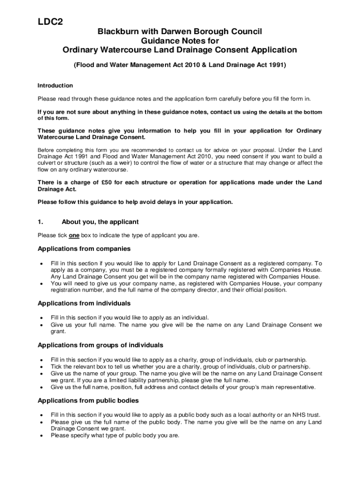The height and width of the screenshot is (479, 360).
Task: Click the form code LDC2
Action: (50, 22)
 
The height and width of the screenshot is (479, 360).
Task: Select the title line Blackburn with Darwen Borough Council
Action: (180, 31)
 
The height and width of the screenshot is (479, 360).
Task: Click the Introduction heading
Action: (55, 86)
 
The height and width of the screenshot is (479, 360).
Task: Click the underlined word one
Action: (74, 235)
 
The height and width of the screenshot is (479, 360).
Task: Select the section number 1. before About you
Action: (41, 222)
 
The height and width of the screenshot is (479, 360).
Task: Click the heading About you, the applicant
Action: (100, 222)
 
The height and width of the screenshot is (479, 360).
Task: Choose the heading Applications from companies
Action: (84, 249)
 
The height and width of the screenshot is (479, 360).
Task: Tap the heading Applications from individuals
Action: (84, 304)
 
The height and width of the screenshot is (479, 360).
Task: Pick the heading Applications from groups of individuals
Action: (100, 345)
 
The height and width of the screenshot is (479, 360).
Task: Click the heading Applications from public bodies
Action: (88, 400)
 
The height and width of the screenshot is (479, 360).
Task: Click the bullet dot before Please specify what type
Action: (43, 435)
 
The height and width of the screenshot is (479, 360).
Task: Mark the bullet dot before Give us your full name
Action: (43, 325)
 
